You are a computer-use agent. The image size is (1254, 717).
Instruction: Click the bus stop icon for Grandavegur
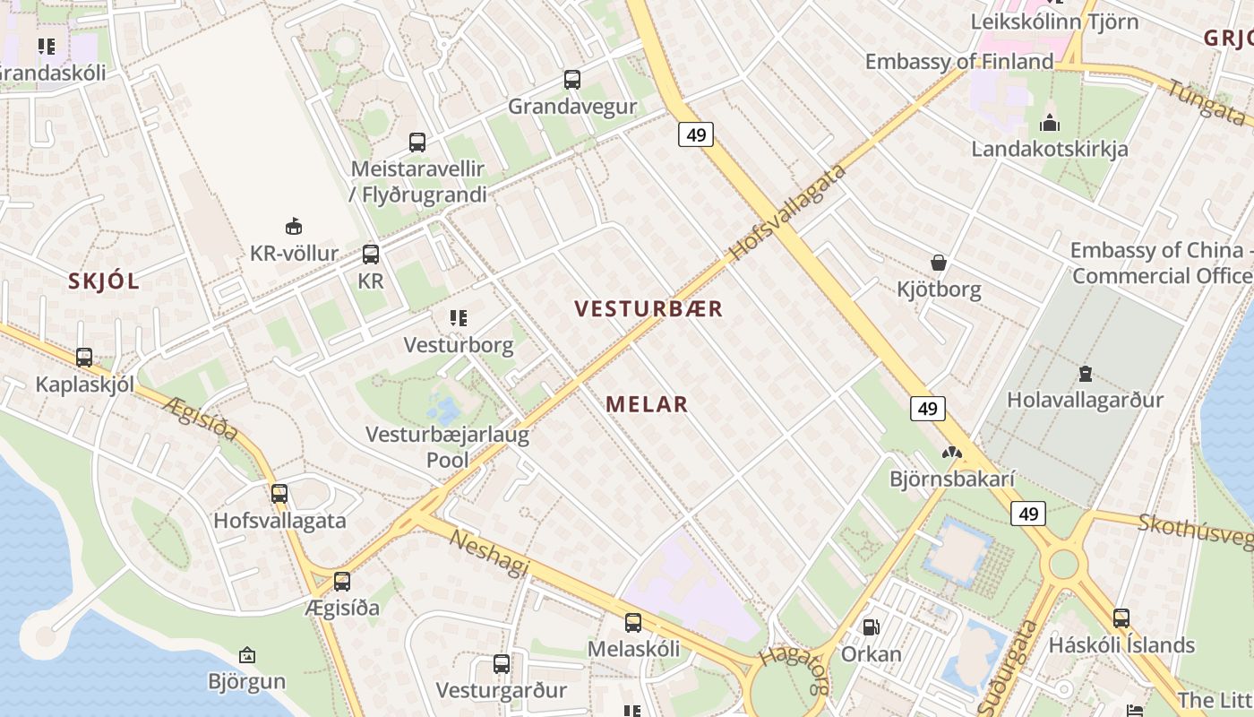pos(572,80)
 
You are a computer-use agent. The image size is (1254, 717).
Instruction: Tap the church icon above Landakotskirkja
pos(1049,123)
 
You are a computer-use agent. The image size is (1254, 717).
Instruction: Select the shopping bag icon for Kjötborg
pos(939,263)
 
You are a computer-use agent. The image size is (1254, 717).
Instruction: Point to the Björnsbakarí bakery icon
pos(951,454)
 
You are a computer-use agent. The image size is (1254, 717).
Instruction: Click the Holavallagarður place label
pos(1085,400)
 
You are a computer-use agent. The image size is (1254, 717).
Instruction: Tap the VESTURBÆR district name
pos(648,309)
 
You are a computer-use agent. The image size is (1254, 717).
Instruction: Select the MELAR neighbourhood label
pos(647,404)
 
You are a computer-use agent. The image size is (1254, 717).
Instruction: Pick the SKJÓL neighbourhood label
pos(104,281)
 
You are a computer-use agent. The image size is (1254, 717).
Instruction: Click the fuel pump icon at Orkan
pos(871,627)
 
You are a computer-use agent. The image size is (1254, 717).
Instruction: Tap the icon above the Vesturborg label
pos(459,318)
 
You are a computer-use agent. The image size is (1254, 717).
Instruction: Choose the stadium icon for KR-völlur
pos(293,226)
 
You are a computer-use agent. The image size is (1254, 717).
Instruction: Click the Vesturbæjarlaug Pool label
pos(447,448)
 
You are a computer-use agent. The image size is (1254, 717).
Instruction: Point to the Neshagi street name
pos(489,553)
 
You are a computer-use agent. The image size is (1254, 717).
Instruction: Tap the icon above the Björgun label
pos(247,655)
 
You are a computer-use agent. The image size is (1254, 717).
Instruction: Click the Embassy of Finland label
pos(958,62)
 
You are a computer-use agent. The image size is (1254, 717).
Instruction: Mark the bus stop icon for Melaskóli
pos(633,622)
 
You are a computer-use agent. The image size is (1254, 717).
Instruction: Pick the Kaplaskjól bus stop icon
pos(84,358)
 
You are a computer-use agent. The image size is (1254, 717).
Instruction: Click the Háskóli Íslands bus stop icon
pos(1121,618)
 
